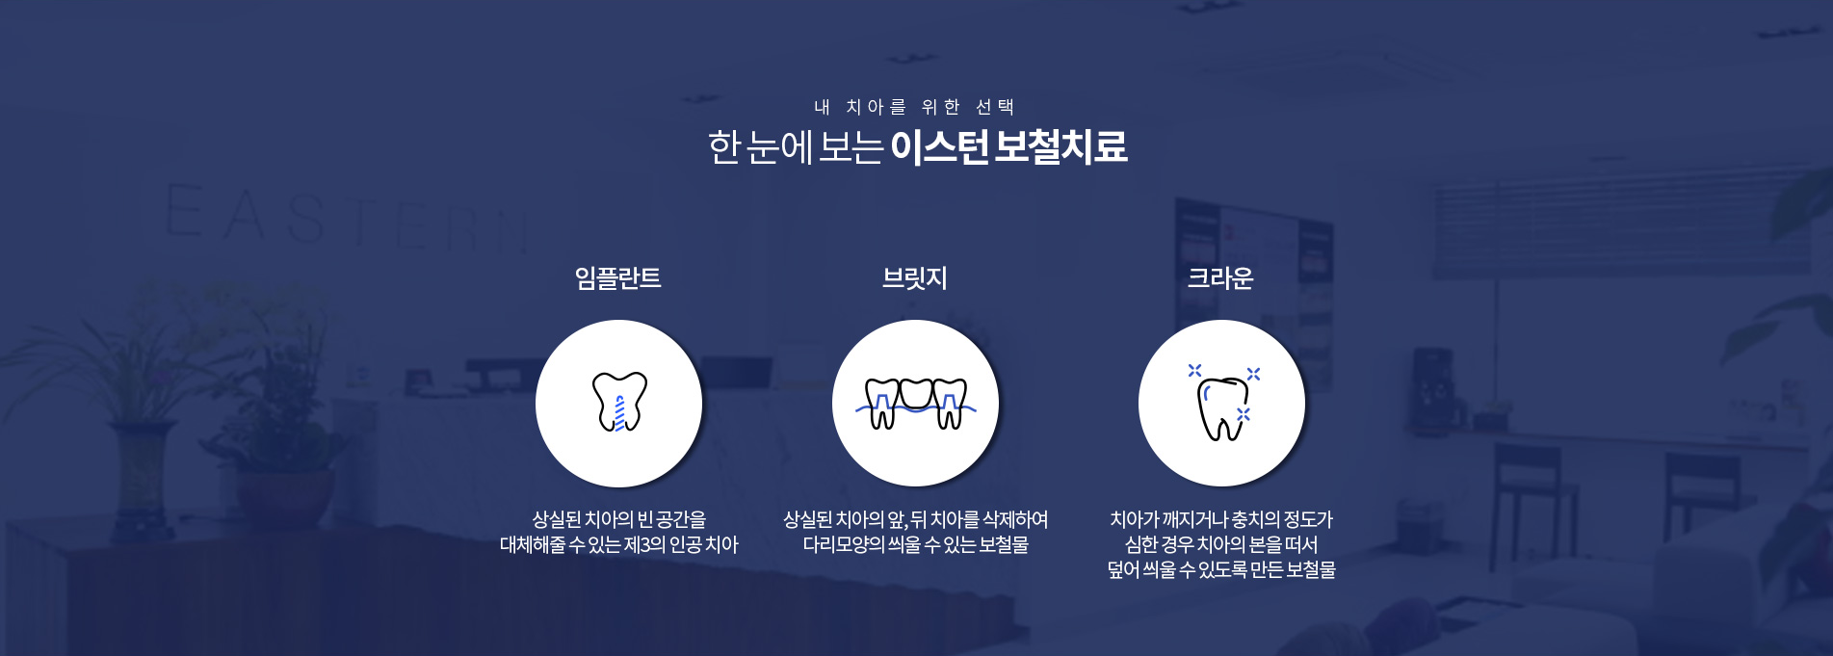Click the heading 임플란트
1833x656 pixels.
point(617,278)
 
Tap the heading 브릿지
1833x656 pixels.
point(915,278)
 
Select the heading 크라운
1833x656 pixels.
point(1220,278)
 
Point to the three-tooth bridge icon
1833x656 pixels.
point(915,403)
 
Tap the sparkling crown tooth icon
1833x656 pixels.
point(1221,405)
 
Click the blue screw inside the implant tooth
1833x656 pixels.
point(619,412)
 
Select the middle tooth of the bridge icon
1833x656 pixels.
point(915,393)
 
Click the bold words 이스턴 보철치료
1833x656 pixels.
point(1008,147)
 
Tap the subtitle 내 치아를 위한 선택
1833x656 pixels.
point(914,107)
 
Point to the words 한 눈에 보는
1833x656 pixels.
point(795,147)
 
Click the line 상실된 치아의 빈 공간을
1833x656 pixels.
point(618,520)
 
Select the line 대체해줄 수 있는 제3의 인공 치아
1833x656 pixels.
point(618,545)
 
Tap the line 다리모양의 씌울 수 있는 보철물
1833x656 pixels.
point(915,545)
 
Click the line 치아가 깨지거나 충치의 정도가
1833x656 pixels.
point(1221,520)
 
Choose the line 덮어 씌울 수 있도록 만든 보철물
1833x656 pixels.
point(1221,570)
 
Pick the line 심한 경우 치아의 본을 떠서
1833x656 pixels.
point(1221,545)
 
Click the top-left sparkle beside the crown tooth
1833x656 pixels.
point(1194,370)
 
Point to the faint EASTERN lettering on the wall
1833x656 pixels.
point(347,217)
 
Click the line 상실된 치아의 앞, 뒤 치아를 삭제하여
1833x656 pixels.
point(915,520)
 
